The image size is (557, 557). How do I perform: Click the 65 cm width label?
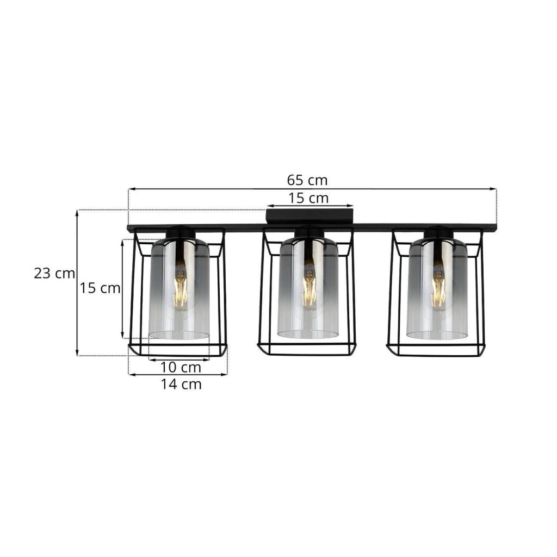point(307,181)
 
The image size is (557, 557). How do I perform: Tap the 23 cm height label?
point(54,273)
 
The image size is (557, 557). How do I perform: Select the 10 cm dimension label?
point(181,367)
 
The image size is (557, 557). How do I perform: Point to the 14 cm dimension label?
point(181,384)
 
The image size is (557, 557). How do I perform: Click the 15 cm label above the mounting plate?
point(308,198)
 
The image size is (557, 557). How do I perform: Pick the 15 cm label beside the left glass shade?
point(100,288)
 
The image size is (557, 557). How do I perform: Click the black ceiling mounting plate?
point(310,216)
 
